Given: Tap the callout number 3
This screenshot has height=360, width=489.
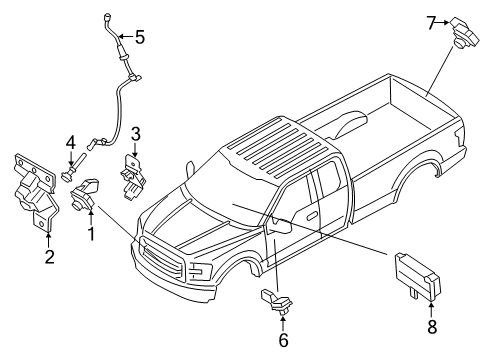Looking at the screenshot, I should click(136, 133).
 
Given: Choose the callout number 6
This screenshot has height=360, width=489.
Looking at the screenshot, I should click(283, 340).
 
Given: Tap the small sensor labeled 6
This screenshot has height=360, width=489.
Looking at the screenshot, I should click(279, 301).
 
